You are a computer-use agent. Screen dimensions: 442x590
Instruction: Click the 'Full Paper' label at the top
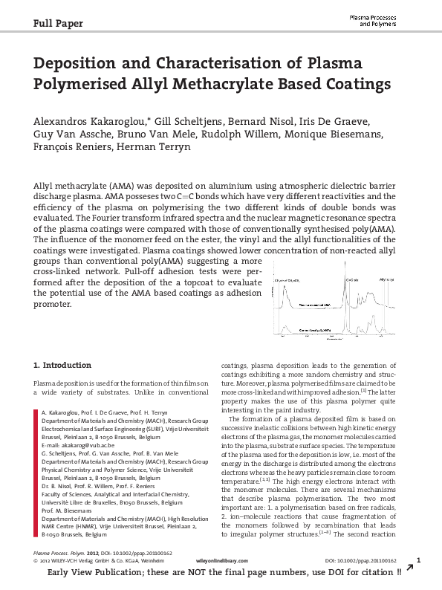pos(59,23)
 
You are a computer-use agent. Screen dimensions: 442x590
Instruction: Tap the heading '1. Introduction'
pos(63,365)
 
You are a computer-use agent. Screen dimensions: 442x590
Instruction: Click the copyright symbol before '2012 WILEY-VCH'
pos(37,566)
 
